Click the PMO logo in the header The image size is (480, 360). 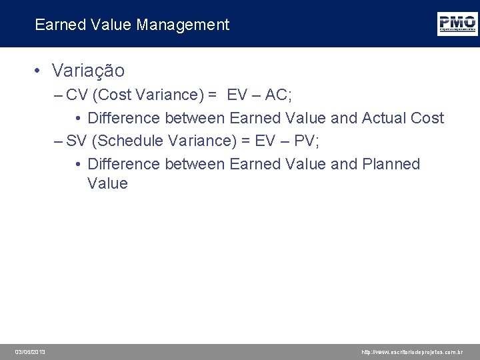click(x=457, y=23)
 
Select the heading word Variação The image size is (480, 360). click(x=88, y=70)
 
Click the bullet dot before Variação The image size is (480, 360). click(x=39, y=71)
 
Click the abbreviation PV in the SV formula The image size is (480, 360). click(x=304, y=141)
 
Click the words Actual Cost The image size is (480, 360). click(x=403, y=118)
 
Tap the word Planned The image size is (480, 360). click(x=391, y=164)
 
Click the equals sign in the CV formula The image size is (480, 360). click(x=212, y=95)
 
